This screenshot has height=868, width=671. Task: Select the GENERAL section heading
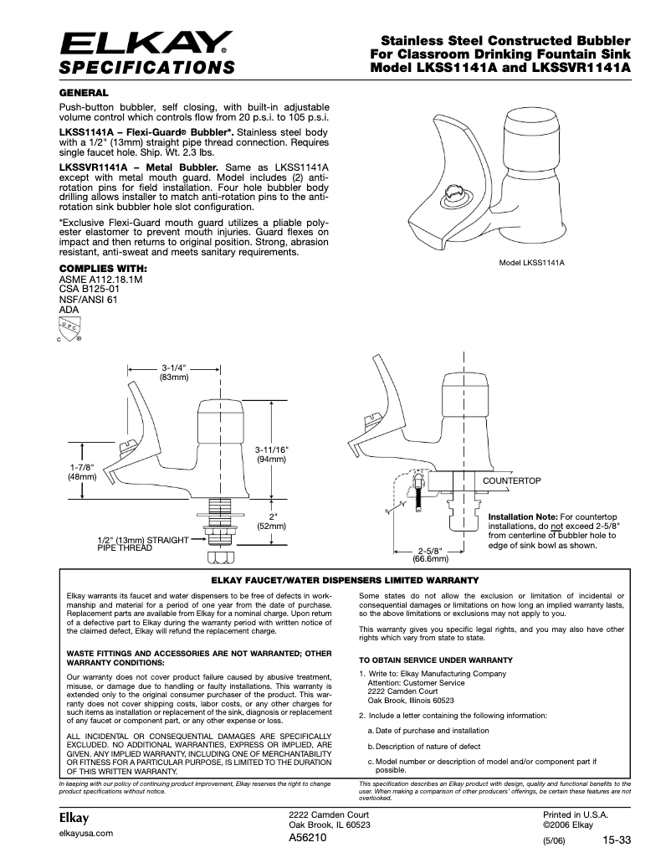pyautogui.click(x=83, y=91)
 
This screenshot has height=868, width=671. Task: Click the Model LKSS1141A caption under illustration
pyautogui.click(x=531, y=263)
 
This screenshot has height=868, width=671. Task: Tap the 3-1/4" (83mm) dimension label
pyautogui.click(x=173, y=372)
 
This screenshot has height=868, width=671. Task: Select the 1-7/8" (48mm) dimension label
pyautogui.click(x=82, y=471)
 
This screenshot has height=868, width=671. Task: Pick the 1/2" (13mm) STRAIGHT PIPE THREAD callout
pyautogui.click(x=142, y=544)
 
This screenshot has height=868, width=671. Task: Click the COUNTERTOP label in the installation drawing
pyautogui.click(x=512, y=480)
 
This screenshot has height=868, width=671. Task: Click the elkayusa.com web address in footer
pyautogui.click(x=85, y=834)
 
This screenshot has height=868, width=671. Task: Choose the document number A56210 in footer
pyautogui.click(x=309, y=837)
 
